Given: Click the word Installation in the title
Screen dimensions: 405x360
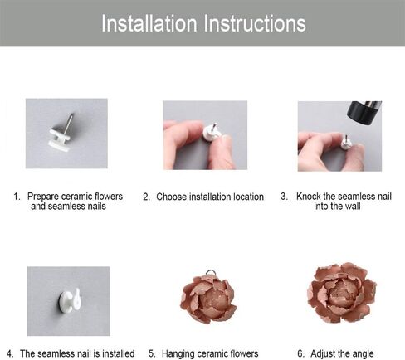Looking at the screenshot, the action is (149, 23).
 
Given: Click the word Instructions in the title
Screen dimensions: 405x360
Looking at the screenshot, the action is (255, 23).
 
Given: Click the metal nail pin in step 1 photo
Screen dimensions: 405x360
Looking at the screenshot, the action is (70, 123).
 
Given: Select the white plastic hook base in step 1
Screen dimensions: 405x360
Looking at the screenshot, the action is (59, 139).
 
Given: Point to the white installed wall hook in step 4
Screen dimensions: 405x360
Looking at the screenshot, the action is (69, 301).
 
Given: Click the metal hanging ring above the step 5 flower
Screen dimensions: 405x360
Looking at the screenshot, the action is (209, 272).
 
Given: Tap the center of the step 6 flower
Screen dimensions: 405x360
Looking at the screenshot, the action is (341, 293).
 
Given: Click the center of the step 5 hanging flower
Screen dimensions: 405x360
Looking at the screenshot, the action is (209, 299).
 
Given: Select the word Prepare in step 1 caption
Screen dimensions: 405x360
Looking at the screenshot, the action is (43, 197).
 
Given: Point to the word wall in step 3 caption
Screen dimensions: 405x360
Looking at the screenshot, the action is (353, 207).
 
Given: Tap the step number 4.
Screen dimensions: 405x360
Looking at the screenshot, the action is (10, 353).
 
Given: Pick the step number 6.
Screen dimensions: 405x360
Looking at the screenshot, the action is (300, 353).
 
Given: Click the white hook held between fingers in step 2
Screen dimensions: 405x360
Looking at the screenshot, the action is (212, 132).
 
